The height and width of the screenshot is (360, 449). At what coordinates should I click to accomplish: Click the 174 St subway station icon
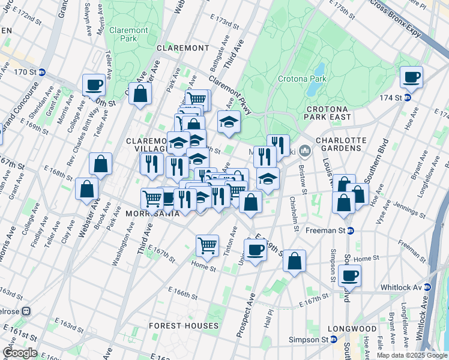point(408,97)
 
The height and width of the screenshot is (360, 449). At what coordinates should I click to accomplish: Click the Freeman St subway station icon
point(351,230)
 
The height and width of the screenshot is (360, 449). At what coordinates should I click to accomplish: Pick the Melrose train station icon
point(26,311)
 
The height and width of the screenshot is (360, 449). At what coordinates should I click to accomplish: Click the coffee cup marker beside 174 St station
point(411,77)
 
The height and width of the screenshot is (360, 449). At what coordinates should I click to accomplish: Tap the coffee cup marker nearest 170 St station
point(94,85)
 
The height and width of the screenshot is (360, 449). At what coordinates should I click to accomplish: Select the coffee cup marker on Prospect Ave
point(256,249)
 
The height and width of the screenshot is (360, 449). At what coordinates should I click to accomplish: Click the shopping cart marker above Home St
point(207,245)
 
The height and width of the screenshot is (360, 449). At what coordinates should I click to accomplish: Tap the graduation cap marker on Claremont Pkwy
point(229,122)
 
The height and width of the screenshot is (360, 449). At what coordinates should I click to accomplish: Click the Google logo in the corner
point(20,353)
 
